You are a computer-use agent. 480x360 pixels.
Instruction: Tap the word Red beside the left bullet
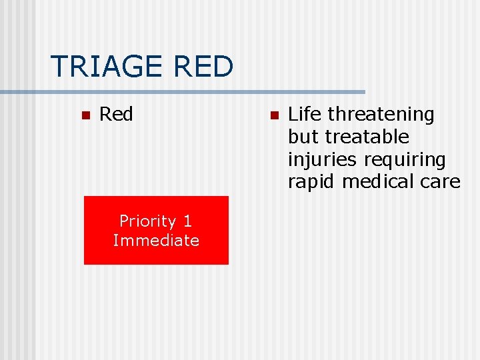(116, 115)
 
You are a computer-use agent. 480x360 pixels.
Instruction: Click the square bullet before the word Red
(85, 115)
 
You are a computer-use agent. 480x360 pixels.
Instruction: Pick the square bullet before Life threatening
(273, 115)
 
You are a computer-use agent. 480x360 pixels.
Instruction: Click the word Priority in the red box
(147, 221)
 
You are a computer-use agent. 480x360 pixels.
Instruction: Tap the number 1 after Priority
(188, 221)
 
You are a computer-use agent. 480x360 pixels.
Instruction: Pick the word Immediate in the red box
(156, 240)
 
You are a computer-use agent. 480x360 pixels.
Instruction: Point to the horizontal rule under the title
(200, 91)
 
